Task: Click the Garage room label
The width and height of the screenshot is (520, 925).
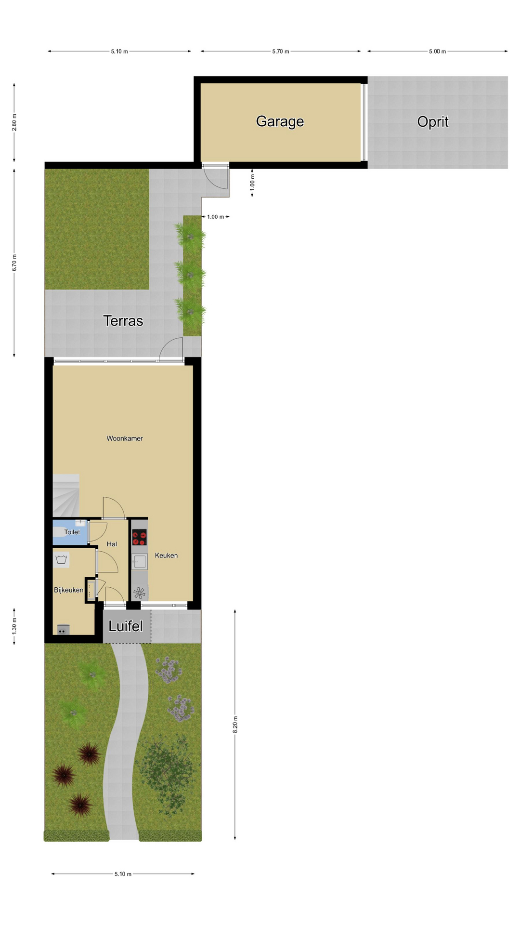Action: [280, 121]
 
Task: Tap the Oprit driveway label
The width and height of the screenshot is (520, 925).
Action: [433, 122]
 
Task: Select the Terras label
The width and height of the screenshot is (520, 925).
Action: [123, 321]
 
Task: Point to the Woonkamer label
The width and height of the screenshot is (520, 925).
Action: [125, 438]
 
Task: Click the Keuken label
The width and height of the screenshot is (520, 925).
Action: [166, 555]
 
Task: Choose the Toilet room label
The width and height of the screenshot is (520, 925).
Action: [72, 532]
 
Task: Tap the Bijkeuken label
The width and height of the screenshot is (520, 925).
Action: [68, 590]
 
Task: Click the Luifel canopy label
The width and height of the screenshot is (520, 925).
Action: [126, 626]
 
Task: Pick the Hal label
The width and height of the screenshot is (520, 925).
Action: [112, 544]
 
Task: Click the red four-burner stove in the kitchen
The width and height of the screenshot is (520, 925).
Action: [139, 537]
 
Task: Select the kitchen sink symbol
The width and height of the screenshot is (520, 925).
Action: [140, 562]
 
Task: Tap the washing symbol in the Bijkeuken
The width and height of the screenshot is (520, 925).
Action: [61, 560]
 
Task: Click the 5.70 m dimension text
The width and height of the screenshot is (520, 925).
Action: [281, 52]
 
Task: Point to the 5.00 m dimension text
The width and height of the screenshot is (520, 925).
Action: [438, 52]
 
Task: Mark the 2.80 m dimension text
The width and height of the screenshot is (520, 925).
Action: [14, 122]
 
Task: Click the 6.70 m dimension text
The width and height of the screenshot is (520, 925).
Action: [14, 263]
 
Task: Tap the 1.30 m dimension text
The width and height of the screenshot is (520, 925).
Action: [14, 626]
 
